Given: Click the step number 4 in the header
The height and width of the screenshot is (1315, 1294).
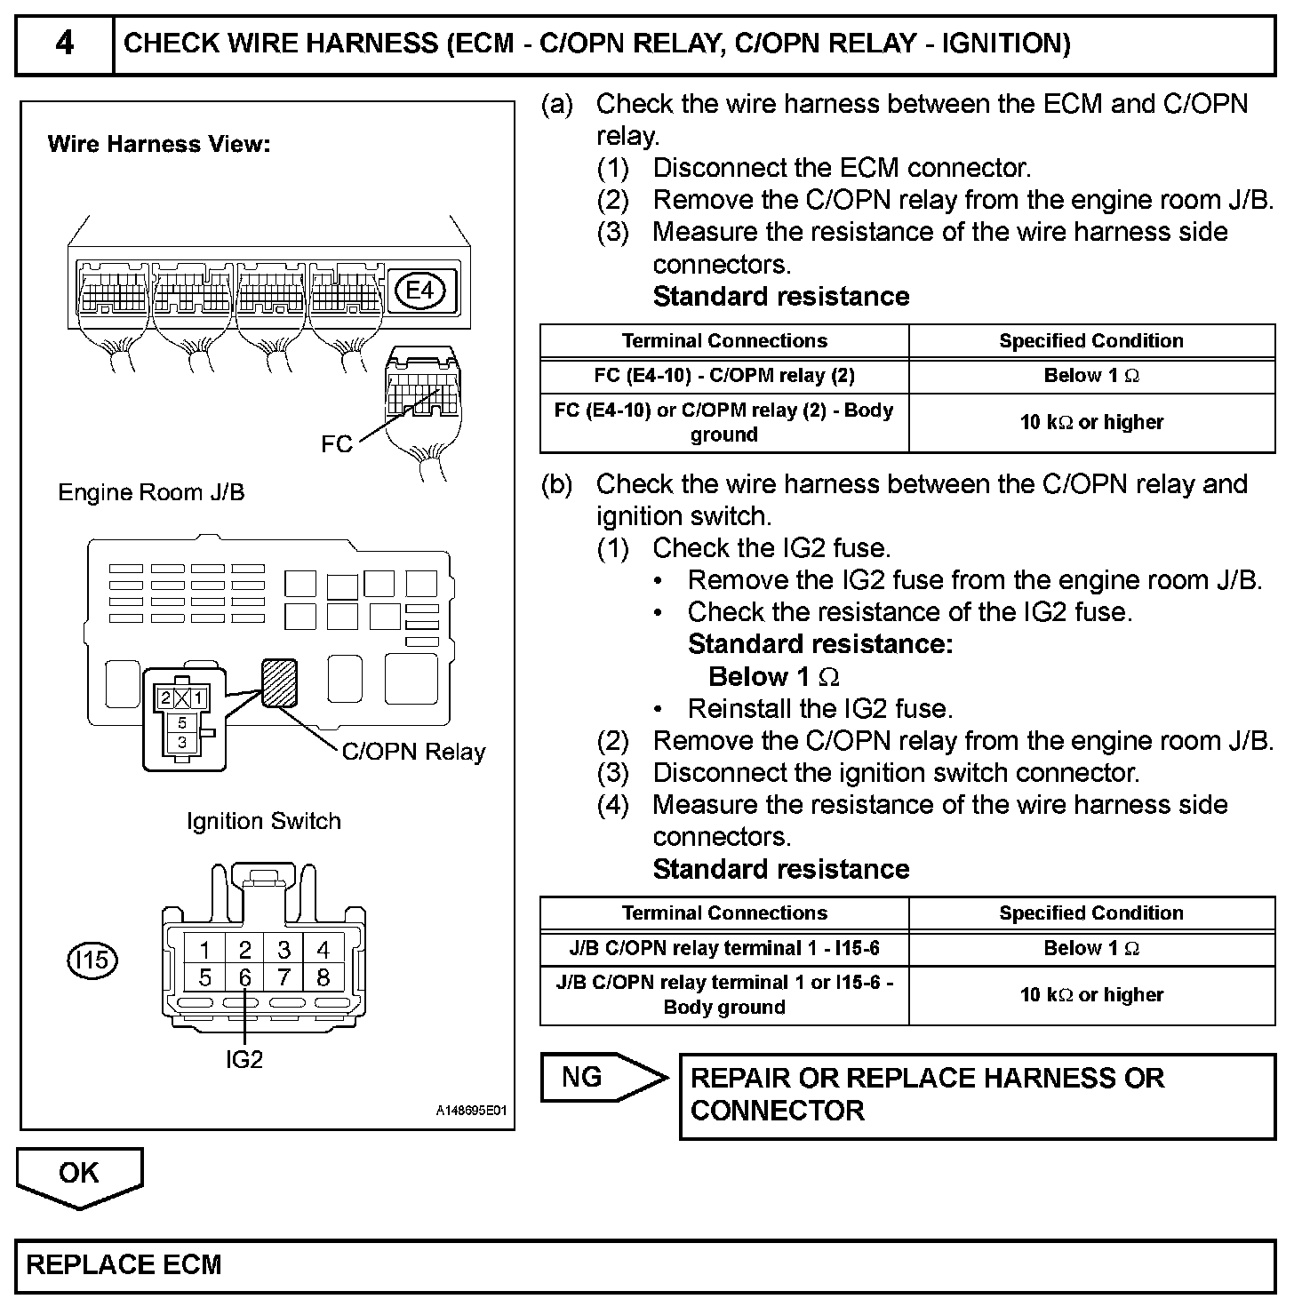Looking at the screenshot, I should (65, 44).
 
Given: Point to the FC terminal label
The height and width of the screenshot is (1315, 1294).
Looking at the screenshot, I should (337, 444).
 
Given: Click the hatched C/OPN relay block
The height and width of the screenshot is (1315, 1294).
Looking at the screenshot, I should (279, 681).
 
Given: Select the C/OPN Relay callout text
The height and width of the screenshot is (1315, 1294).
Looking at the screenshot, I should (413, 752).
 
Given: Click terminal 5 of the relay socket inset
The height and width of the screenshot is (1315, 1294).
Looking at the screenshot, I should (182, 723).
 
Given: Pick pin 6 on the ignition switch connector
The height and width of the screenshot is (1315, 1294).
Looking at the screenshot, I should (245, 978).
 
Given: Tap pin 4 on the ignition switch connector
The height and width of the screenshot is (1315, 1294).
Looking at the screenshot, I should (323, 949).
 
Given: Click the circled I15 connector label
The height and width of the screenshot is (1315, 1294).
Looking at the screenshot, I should (92, 960).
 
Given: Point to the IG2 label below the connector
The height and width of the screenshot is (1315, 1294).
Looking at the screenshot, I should (244, 1059).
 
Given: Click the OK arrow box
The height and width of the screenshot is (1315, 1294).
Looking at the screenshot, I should (79, 1175).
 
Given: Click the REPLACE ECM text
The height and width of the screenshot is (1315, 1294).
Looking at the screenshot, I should (124, 1265).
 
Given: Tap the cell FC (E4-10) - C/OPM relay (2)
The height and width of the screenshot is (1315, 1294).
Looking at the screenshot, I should (724, 376).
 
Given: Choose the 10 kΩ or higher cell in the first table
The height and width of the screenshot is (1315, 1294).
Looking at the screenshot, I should (1091, 423).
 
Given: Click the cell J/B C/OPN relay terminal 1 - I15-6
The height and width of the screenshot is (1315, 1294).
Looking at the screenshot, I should (724, 949).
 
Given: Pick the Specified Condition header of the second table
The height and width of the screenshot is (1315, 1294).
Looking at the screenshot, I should (1091, 913).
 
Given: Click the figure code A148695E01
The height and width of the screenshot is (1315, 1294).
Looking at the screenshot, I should (471, 1112).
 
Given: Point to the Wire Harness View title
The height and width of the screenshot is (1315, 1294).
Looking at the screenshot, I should (159, 144).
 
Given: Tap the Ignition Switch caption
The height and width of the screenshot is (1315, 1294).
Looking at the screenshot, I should (264, 821).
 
